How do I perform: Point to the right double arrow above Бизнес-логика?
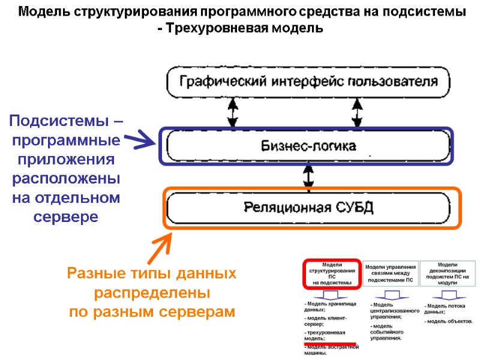tap(358, 112)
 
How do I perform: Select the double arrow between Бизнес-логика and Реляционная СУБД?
tap(308, 176)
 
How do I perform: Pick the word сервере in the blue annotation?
tap(65, 217)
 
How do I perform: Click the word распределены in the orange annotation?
tap(152, 293)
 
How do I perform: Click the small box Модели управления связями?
tap(390, 273)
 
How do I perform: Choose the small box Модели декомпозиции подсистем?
tap(448, 273)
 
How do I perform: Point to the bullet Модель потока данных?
tap(444, 308)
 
